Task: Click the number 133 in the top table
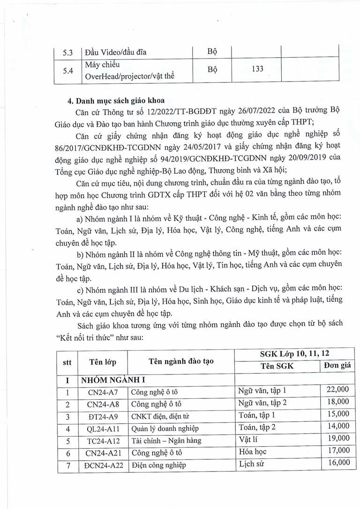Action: (x=256, y=69)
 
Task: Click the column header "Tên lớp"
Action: (x=102, y=361)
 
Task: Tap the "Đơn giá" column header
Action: (x=337, y=366)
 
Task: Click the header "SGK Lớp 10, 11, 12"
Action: (x=294, y=354)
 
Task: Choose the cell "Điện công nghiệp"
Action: (x=159, y=465)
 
